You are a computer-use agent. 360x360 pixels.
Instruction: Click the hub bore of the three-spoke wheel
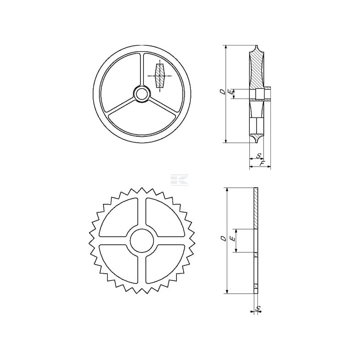click(142, 94)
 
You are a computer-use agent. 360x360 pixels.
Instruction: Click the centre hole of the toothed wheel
click(142, 241)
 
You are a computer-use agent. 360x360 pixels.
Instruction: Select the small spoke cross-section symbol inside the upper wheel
click(160, 76)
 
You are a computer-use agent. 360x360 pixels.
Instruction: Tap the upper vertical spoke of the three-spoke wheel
click(142, 70)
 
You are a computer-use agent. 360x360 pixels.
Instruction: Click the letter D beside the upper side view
click(222, 92)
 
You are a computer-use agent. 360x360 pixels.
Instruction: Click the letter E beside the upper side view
click(229, 92)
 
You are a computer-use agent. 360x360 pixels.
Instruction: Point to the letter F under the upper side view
click(262, 163)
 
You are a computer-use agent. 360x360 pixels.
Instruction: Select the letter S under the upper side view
click(259, 156)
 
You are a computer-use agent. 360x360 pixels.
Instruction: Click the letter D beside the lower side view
click(223, 238)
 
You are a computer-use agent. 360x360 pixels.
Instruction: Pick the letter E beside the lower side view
click(233, 239)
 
